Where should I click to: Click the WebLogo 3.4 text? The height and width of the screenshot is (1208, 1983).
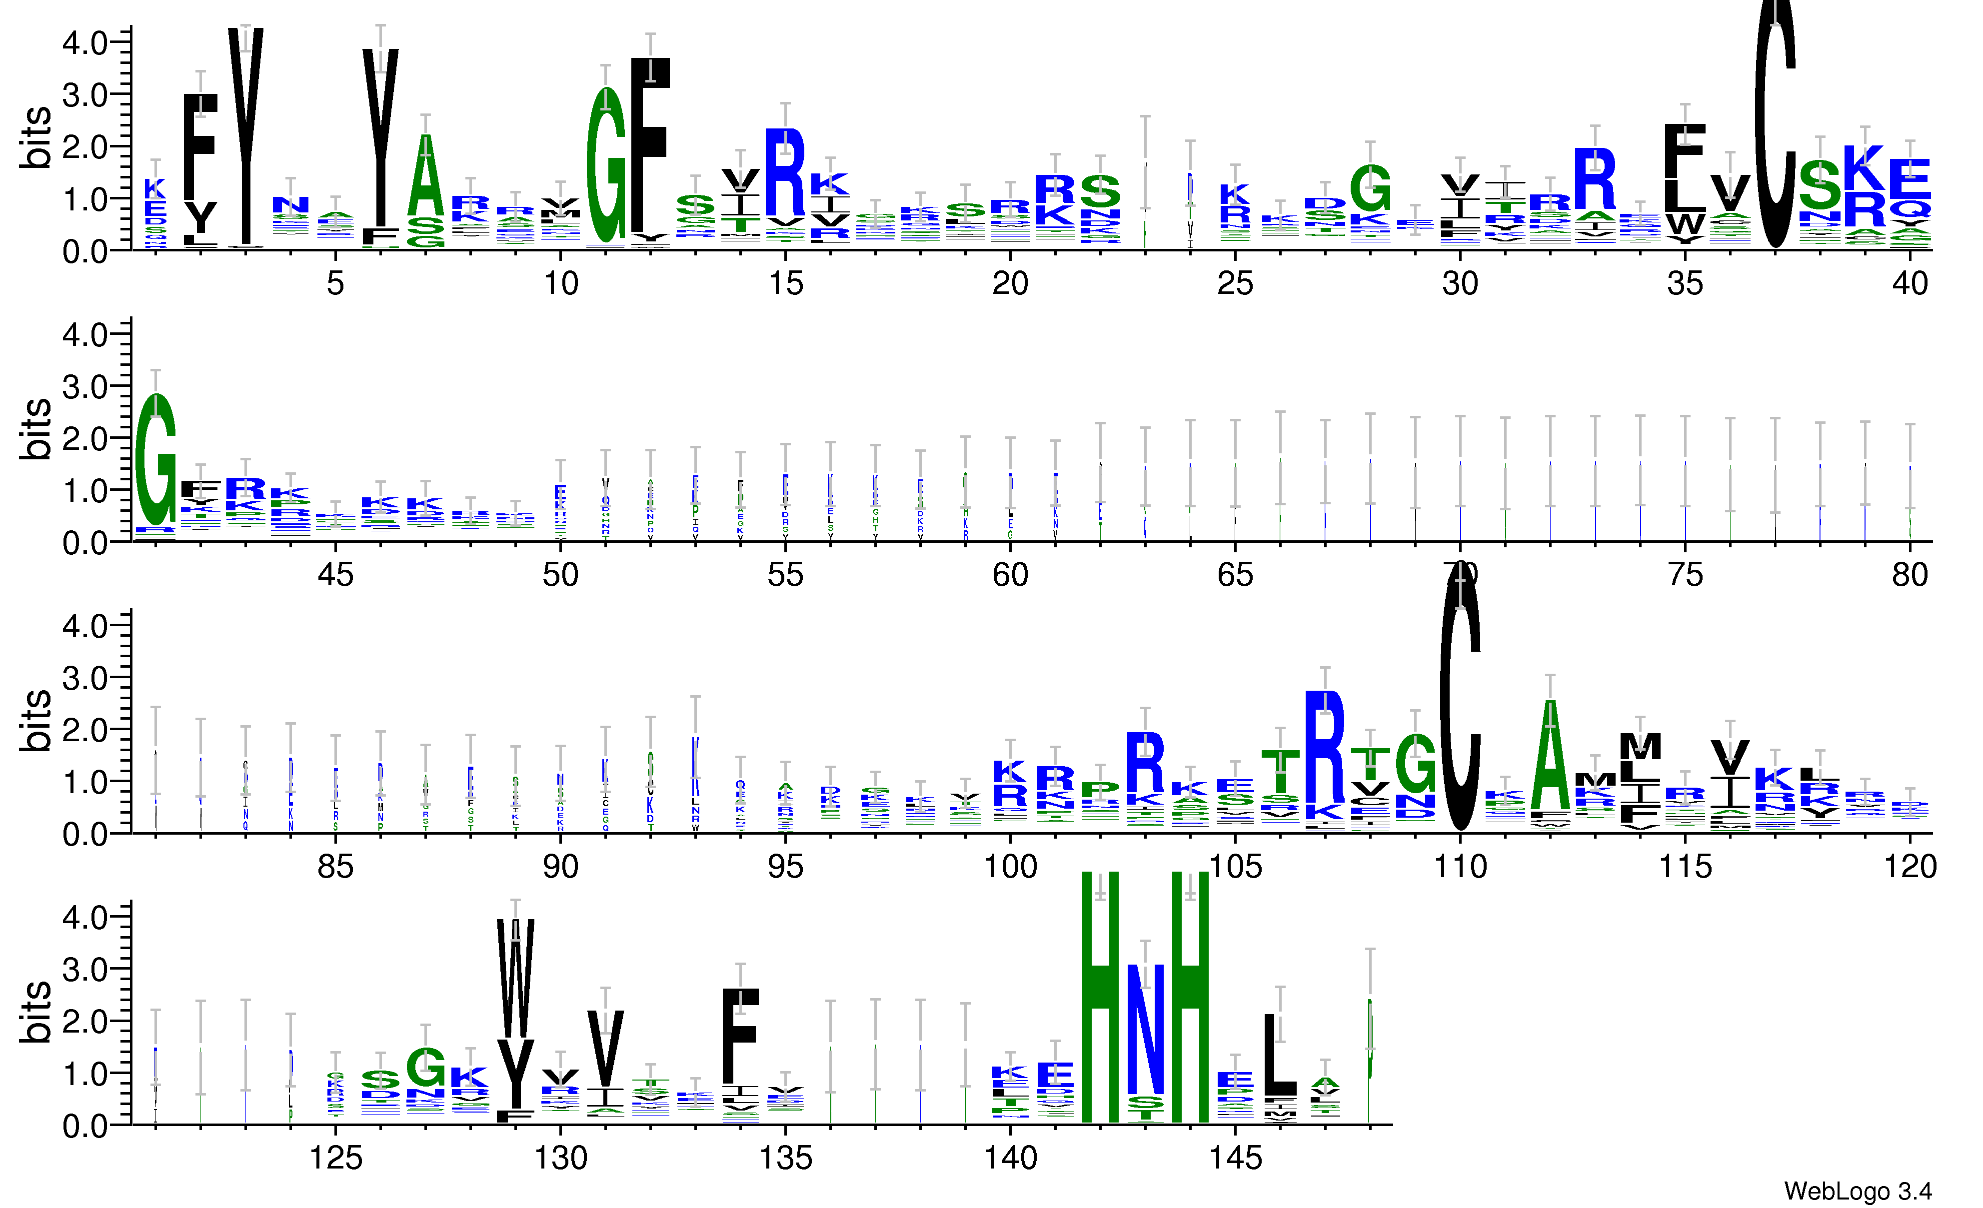pyautogui.click(x=1858, y=1191)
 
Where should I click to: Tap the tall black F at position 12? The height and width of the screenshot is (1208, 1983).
pyautogui.click(x=650, y=145)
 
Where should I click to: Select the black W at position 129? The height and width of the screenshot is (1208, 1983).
pyautogui.click(x=515, y=978)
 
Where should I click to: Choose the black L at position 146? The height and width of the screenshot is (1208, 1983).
pyautogui.click(x=1280, y=1054)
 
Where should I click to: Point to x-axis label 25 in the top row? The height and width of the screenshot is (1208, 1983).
pyautogui.click(x=1235, y=283)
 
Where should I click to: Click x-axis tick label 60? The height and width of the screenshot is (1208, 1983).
pyautogui.click(x=1010, y=575)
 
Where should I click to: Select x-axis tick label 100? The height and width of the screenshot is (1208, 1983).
pyautogui.click(x=1010, y=867)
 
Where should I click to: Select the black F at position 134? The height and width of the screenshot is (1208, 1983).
pyautogui.click(x=740, y=1037)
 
